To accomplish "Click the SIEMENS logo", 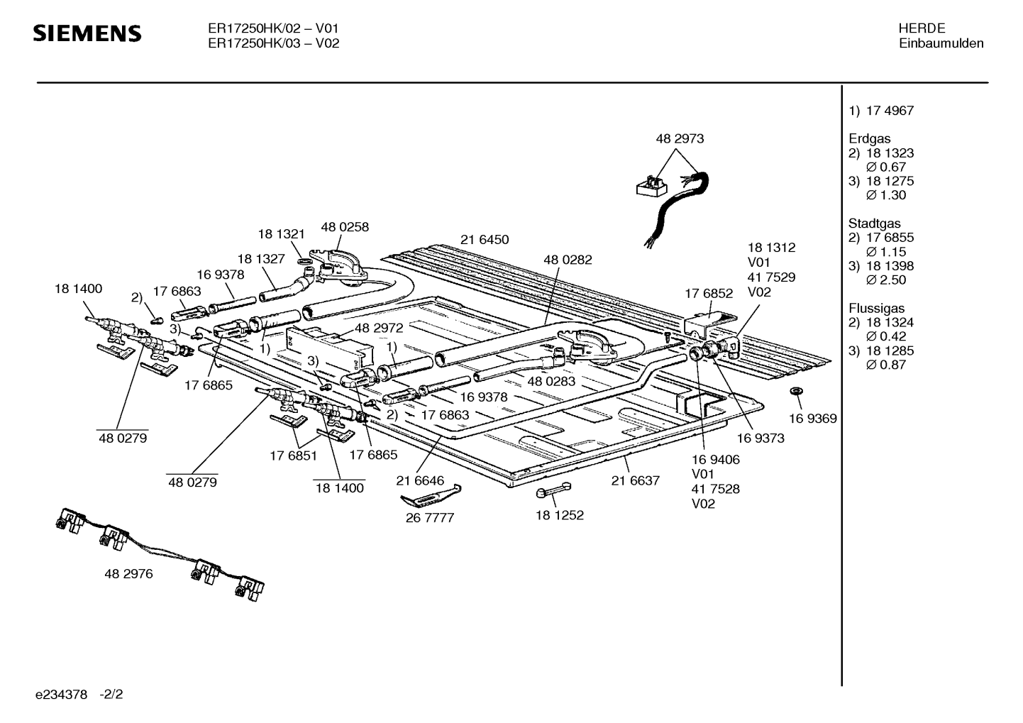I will pos(88,33).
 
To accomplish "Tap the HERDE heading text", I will pos(922,28).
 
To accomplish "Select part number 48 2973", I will pos(680,139).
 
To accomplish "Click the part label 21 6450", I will pos(485,240).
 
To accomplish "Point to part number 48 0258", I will pos(345,227).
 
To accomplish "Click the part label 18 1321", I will pos(281,234).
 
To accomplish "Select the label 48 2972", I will pos(379,328).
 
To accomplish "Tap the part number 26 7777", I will pos(429,518).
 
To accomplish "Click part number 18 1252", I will pos(559,515).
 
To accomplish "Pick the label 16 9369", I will pos(812,419).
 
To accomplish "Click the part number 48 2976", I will pos(128,574).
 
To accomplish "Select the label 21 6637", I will pos(635,480).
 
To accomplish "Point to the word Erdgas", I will pos(869,139).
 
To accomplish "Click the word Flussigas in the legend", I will pos(877,309).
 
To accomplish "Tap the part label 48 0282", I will pos(568,260).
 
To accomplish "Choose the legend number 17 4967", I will pos(890,111).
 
